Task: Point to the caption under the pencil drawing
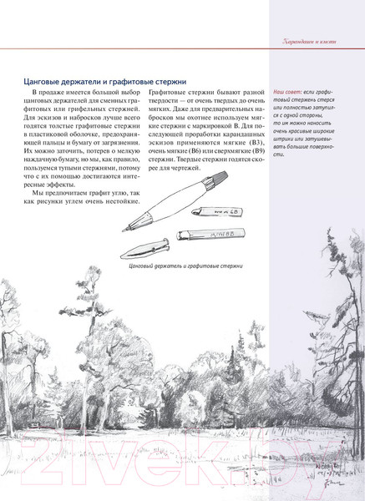coord(185,265)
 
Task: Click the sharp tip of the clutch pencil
coord(124,230)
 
